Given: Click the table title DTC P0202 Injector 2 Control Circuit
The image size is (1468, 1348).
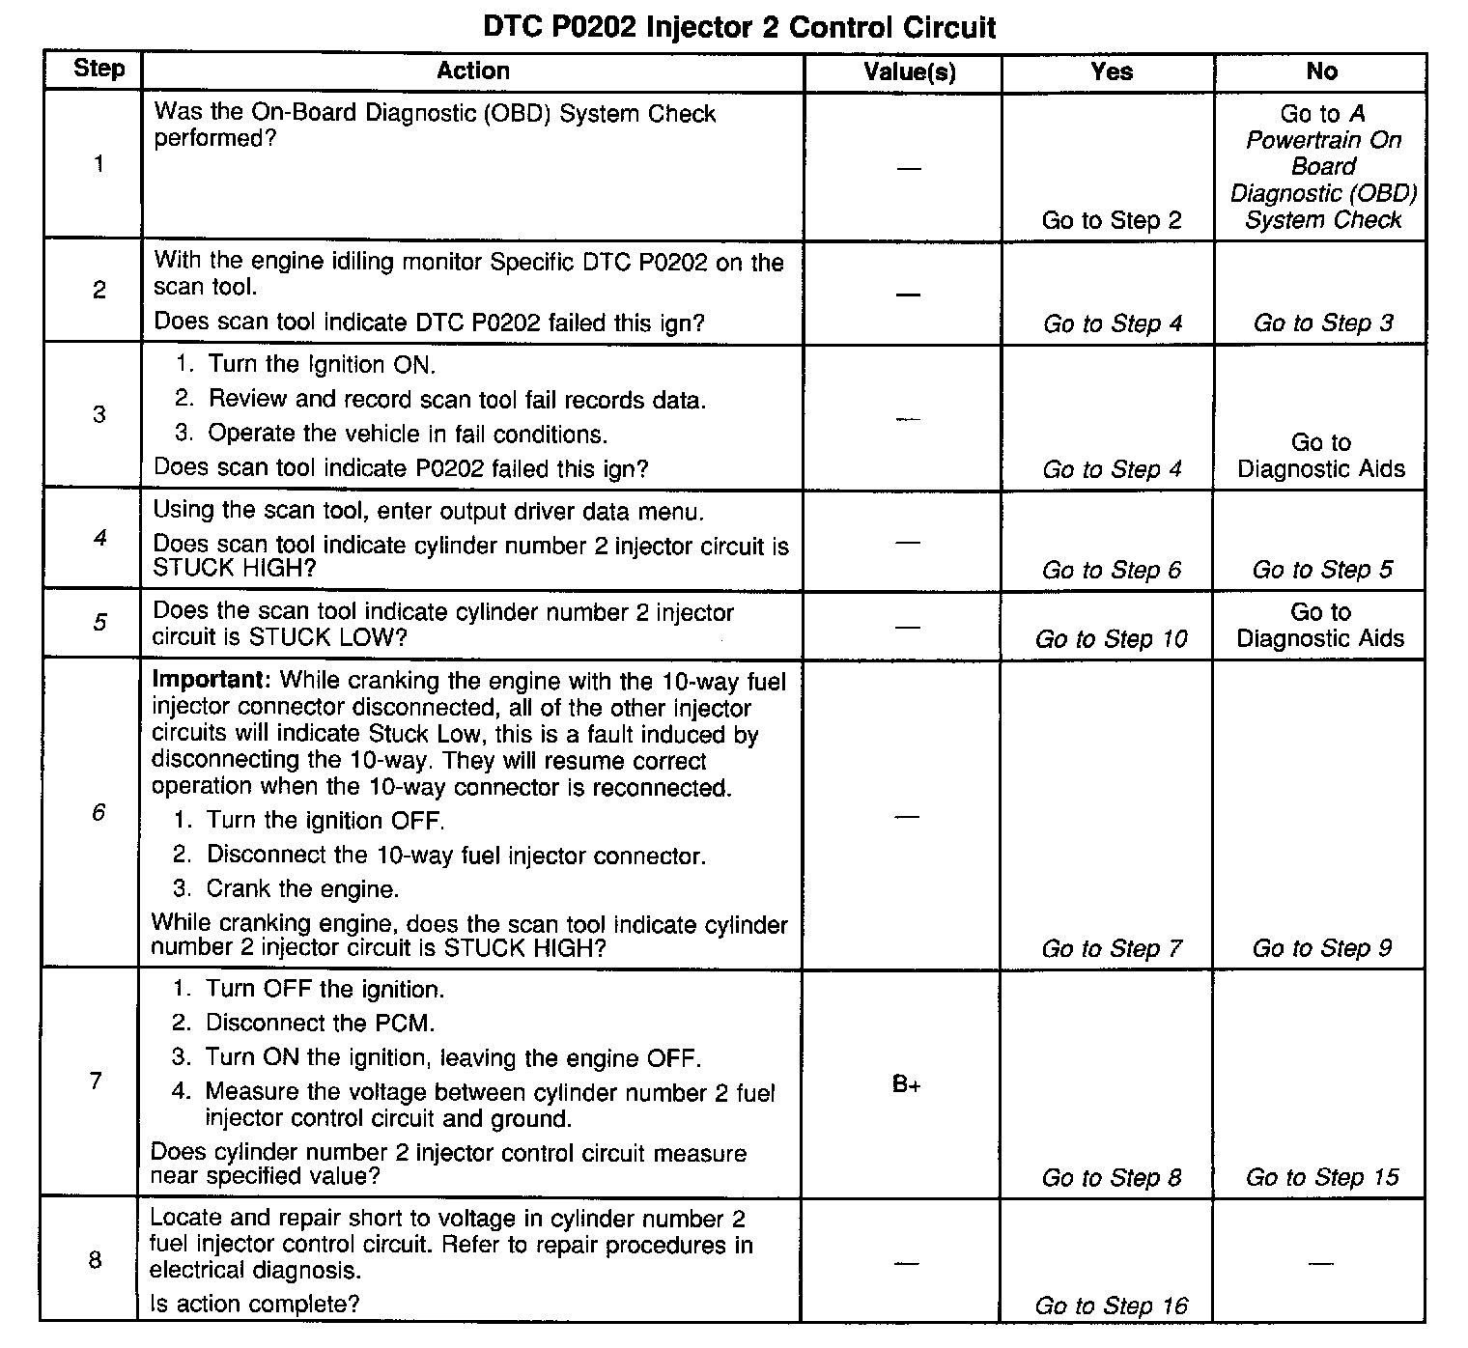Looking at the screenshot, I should pyautogui.click(x=739, y=27).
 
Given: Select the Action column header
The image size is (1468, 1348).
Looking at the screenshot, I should pyautogui.click(x=472, y=70).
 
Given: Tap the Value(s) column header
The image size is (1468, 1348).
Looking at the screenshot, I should pyautogui.click(x=909, y=71).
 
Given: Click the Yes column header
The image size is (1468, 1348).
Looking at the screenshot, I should pyautogui.click(x=1111, y=71).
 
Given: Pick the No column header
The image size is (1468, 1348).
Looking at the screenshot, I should pyautogui.click(x=1321, y=71).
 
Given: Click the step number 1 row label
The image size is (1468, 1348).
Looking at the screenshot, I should pyautogui.click(x=99, y=164).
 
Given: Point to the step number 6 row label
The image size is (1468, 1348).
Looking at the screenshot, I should pyautogui.click(x=99, y=812).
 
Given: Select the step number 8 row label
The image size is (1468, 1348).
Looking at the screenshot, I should pyautogui.click(x=96, y=1260).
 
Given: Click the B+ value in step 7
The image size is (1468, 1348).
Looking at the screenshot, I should pyautogui.click(x=906, y=1085).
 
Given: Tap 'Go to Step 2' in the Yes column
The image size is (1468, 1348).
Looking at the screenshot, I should pyautogui.click(x=1111, y=220).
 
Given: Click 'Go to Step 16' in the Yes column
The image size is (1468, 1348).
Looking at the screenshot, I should pyautogui.click(x=1111, y=1306).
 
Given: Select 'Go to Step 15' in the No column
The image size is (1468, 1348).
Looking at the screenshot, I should pyautogui.click(x=1321, y=1177).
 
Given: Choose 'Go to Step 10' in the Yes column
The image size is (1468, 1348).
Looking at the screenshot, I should pyautogui.click(x=1111, y=638).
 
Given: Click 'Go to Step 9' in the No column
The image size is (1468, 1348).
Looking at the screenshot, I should pyautogui.click(x=1321, y=948).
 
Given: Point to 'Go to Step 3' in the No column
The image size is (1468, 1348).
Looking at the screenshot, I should pyautogui.click(x=1322, y=323).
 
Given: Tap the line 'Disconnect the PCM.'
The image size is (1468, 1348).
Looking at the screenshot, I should pyautogui.click(x=321, y=1023).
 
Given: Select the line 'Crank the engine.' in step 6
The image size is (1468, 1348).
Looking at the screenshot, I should pyautogui.click(x=302, y=888).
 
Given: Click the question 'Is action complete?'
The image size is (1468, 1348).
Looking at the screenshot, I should pyautogui.click(x=255, y=1305).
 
